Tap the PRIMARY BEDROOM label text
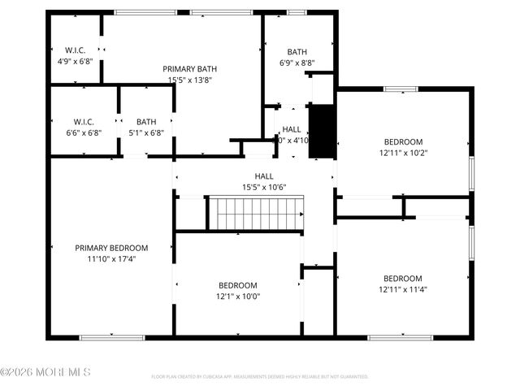[x=111, y=248]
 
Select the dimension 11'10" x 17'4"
[x=111, y=259]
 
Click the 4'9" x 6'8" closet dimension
[x=75, y=62]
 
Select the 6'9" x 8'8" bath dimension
[x=297, y=63]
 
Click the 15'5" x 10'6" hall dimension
[x=264, y=188]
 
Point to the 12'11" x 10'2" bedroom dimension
[x=403, y=152]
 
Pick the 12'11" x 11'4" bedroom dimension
[x=403, y=289]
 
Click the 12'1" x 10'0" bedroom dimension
[x=238, y=297]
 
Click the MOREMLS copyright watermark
[x=45, y=372]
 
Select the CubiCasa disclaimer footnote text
[x=260, y=377]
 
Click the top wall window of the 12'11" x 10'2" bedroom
[x=401, y=89]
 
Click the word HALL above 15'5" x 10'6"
[x=264, y=176]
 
